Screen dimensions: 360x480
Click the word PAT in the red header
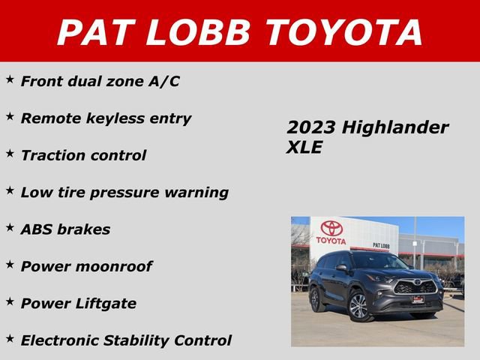click(x=97, y=32)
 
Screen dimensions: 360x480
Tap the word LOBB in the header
click(x=197, y=32)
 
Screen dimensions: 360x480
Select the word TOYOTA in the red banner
click(x=344, y=32)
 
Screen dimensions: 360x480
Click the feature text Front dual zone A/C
click(x=100, y=81)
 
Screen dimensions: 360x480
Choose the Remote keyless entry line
click(x=106, y=118)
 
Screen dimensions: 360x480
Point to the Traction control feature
click(x=83, y=155)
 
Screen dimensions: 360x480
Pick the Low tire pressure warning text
click(x=124, y=192)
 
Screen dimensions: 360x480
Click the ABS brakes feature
click(x=65, y=229)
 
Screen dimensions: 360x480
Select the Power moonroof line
click(x=86, y=266)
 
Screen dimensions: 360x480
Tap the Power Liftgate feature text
click(x=79, y=303)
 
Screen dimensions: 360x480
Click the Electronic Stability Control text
click(x=126, y=340)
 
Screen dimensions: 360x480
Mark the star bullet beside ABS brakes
click(x=10, y=226)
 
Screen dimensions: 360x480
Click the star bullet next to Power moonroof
click(x=10, y=263)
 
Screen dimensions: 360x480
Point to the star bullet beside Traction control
click(x=10, y=152)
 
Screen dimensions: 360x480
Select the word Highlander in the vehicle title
click(x=395, y=127)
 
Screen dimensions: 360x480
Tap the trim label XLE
click(x=304, y=148)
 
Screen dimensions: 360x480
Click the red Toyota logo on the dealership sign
click(x=331, y=228)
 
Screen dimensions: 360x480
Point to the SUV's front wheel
click(x=358, y=305)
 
